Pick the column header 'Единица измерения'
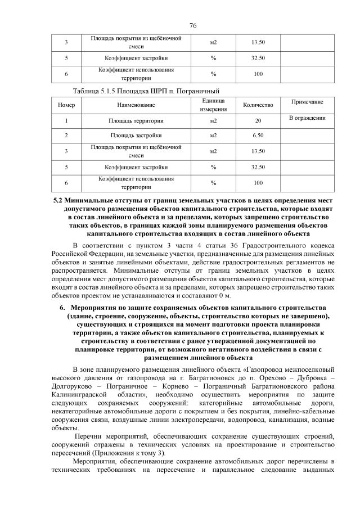[x=213, y=105]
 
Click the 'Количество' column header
[x=258, y=105]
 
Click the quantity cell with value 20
[x=258, y=120]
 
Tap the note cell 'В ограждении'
[x=307, y=118]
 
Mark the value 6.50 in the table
[x=258, y=136]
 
